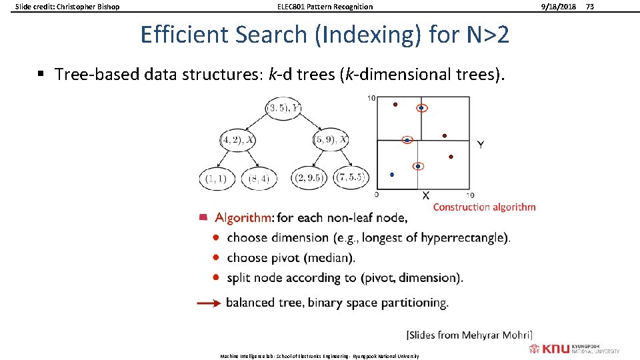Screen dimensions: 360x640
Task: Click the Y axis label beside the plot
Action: click(481, 145)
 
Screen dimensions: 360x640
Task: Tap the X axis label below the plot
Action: click(425, 195)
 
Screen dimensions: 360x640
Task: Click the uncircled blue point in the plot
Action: click(392, 175)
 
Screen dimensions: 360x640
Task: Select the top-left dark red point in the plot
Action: click(395, 105)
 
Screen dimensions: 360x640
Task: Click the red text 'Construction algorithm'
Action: click(484, 207)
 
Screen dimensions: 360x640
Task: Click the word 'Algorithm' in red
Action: click(243, 217)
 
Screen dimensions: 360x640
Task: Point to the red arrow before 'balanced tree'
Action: click(209, 303)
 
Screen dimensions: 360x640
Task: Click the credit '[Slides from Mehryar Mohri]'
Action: click(469, 335)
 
